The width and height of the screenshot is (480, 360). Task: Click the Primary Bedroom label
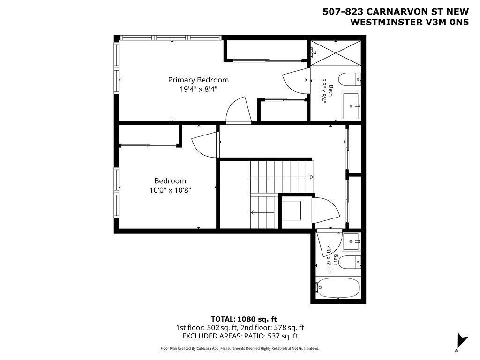[198, 80]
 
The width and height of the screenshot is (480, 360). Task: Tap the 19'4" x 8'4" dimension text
[198, 90]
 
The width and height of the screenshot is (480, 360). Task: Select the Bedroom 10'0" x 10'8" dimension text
[170, 190]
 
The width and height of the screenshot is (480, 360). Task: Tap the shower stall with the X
[336, 52]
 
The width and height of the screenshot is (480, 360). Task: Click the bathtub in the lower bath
[337, 287]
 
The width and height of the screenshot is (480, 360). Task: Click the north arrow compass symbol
[462, 340]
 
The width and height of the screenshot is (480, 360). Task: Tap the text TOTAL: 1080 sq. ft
[244, 319]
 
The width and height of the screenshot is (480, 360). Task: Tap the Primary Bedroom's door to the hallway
[238, 110]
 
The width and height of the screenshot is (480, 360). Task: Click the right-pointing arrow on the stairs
[311, 177]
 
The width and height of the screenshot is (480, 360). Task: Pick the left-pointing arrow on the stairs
[253, 212]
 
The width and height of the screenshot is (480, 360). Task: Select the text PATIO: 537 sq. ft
[270, 336]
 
